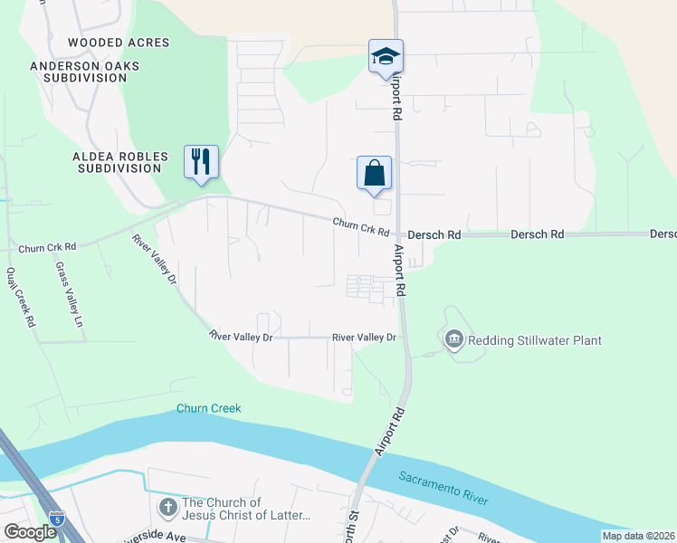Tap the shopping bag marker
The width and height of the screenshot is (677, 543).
375,172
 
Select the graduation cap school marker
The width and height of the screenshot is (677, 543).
386,57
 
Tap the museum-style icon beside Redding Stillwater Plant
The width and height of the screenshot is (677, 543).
453,340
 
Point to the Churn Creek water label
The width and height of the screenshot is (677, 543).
209,408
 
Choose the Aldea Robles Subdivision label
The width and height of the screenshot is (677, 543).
118,162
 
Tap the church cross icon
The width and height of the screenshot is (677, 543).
167,509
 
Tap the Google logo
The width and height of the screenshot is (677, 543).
30,533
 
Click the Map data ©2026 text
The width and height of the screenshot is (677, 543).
637,536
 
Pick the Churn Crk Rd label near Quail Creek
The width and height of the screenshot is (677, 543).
47,246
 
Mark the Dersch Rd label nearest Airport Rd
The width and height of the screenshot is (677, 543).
434,234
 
